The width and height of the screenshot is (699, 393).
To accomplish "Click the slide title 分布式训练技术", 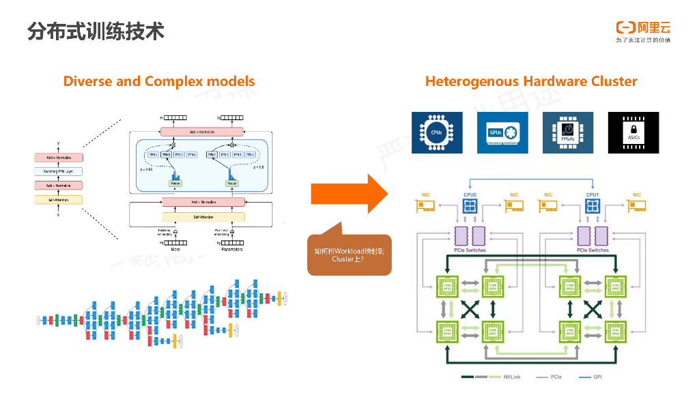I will tap(96, 31).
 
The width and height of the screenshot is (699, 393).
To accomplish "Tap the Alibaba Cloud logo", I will tap(643, 28).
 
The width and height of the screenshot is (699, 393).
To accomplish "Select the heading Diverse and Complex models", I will tap(159, 81).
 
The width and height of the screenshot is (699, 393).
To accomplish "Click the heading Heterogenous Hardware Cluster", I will tap(531, 81).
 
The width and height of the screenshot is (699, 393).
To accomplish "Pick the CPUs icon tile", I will tap(436, 132).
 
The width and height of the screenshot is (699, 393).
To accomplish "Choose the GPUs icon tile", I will tap(502, 132).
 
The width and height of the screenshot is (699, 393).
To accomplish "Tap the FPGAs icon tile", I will tap(567, 132).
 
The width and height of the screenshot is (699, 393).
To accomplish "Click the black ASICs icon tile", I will tap(633, 132).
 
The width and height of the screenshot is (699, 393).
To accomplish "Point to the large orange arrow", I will tap(349, 194).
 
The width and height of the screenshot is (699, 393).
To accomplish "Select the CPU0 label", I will tap(470, 195).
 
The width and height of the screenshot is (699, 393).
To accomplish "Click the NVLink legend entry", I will tap(512, 377).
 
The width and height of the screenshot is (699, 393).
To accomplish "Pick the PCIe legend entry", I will tap(556, 377).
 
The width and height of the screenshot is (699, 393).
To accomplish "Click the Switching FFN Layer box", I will tap(59, 171).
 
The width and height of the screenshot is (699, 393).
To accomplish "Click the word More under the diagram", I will tap(175, 250).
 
